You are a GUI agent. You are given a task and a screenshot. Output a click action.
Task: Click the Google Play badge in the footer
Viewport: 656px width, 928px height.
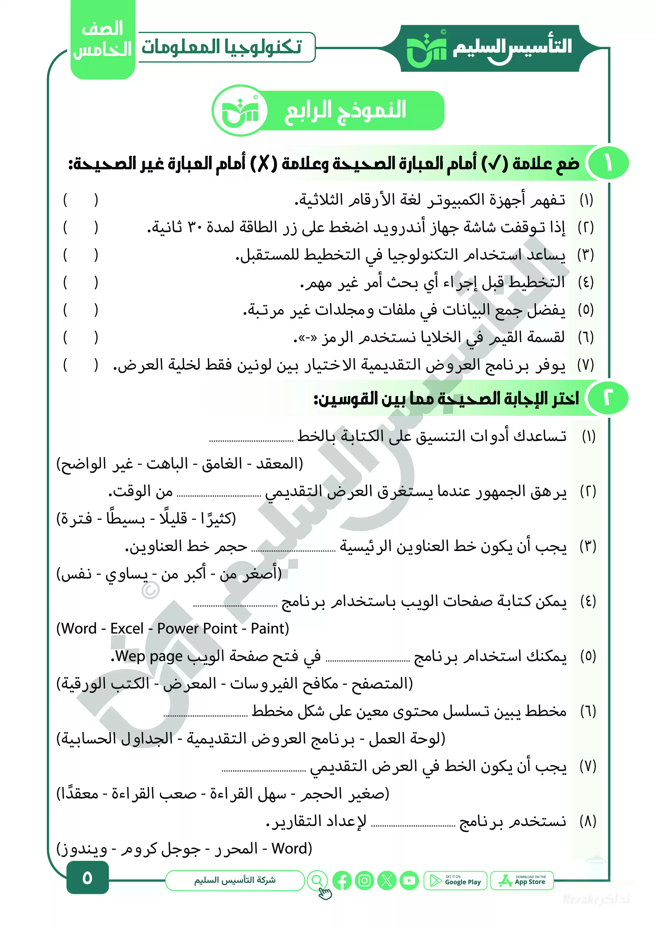click(455, 881)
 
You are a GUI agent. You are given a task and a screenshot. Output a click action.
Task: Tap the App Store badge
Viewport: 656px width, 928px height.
click(522, 881)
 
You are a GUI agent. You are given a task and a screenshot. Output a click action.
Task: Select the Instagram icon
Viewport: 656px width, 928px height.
click(364, 881)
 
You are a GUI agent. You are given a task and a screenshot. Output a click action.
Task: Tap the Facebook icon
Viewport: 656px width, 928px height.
click(342, 881)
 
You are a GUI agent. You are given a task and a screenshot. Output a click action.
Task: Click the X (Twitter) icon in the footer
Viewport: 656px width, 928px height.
click(387, 881)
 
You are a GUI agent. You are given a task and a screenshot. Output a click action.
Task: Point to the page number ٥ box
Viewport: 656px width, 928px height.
click(87, 878)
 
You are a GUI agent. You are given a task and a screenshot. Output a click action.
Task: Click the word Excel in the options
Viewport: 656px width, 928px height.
click(127, 629)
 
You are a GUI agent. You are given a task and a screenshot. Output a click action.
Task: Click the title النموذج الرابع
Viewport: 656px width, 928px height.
click(345, 110)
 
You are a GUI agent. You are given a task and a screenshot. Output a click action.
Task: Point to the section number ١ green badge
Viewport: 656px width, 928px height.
click(608, 163)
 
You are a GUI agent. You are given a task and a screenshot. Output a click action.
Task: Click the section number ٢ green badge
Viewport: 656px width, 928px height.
click(608, 398)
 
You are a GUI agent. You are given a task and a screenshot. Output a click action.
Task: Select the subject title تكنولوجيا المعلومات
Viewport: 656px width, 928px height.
click(221, 47)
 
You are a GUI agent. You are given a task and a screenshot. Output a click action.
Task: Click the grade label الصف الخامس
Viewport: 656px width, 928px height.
click(103, 40)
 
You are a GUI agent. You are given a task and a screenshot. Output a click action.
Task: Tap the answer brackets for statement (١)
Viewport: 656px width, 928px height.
click(80, 200)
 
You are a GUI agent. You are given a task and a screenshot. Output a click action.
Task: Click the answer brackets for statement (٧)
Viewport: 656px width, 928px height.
click(80, 365)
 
